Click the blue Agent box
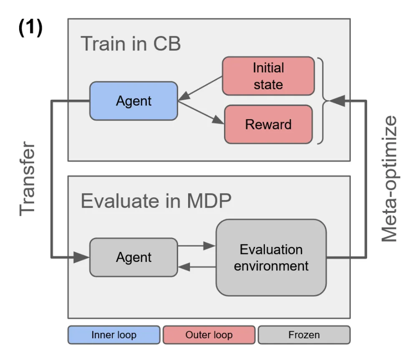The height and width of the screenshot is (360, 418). (133, 101)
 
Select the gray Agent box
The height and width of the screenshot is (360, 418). (133, 257)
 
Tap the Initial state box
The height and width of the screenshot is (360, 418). (268, 76)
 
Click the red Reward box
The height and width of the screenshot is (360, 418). (268, 124)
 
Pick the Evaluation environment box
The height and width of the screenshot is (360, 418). (271, 257)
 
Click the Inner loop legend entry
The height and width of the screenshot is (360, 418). (114, 335)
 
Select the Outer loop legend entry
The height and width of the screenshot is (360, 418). (209, 335)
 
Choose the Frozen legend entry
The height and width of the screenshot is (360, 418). (304, 335)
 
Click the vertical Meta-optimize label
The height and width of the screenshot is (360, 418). (389, 179)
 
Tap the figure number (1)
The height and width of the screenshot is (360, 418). (30, 29)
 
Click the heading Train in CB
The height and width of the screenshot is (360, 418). (131, 44)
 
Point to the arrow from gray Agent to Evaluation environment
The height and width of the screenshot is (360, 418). (196, 246)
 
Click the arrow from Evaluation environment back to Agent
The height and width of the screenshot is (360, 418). (196, 267)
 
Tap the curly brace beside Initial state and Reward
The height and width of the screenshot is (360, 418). (322, 101)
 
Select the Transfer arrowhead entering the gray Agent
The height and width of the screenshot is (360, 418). (81, 258)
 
